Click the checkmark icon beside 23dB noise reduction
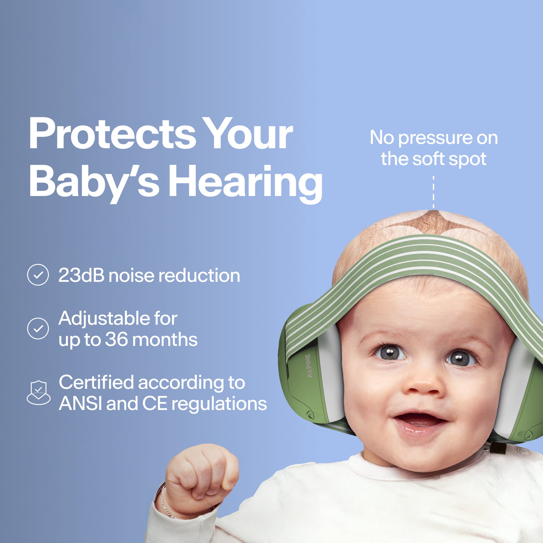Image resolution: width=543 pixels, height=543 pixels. point(38,275)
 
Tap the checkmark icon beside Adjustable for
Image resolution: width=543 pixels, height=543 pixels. point(38,329)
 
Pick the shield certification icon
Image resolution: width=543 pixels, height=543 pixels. point(39,393)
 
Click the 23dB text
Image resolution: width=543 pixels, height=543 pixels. point(81,275)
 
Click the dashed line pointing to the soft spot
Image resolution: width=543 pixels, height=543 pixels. point(433,192)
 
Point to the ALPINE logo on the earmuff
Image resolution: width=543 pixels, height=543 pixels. point(309,366)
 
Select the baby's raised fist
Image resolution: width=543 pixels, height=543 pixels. point(201,475)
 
